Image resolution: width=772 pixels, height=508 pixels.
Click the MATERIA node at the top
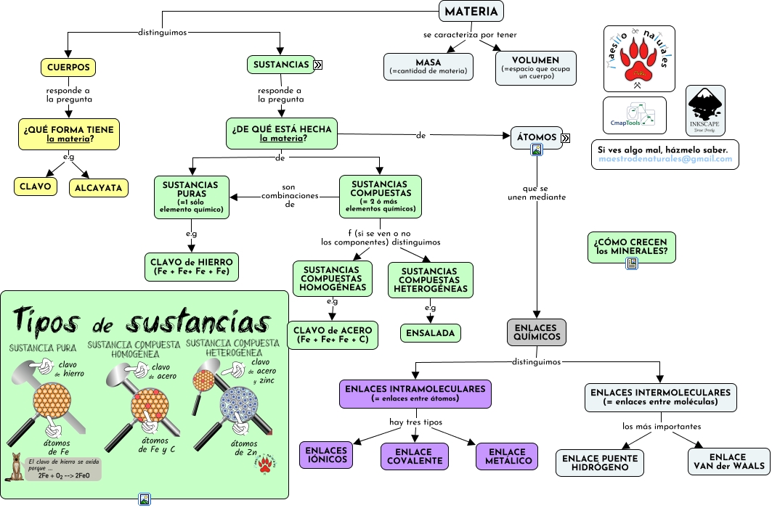pos(471,12)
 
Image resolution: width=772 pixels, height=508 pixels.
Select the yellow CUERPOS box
pos(68,67)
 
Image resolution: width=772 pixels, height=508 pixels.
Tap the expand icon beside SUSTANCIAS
pos(318,65)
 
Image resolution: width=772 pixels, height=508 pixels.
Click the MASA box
pos(429,65)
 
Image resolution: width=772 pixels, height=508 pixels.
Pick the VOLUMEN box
pos(535,67)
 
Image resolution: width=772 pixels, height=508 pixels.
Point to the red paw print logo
pos(639,59)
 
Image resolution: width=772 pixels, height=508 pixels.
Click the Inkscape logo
pos(705,110)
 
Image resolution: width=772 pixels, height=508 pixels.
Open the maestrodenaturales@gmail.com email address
pos(665,159)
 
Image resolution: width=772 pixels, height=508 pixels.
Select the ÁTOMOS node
pos(536,137)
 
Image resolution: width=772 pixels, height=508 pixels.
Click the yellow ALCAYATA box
pos(99,187)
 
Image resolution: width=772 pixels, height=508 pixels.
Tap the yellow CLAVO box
pos(36,187)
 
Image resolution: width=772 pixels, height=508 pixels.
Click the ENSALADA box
pos(431,333)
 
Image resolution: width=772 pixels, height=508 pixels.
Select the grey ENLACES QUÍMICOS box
pos(536,332)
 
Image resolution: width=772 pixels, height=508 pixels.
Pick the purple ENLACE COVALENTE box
pos(415,456)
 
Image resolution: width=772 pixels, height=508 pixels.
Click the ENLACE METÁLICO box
pos(506,456)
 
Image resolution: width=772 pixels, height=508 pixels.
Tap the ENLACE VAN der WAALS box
pos(727,462)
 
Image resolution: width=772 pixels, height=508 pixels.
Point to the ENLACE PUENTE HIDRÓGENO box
pos(600,463)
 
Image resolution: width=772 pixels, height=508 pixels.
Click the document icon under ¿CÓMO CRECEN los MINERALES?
pos(632,264)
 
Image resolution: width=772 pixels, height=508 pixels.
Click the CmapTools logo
pos(634,115)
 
